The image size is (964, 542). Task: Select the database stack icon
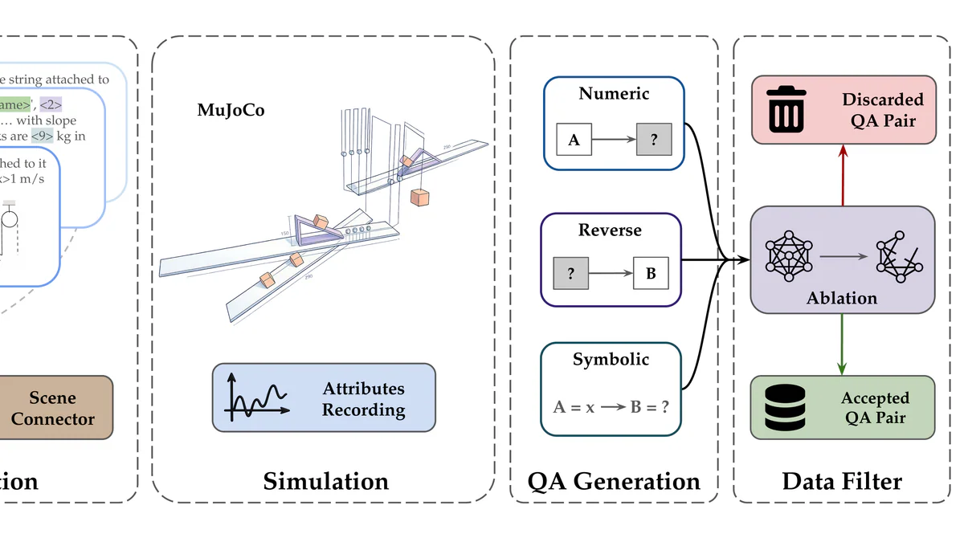[786, 409]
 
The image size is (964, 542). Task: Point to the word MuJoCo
[231, 110]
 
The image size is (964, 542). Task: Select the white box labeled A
[574, 140]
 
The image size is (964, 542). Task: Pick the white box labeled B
[651, 274]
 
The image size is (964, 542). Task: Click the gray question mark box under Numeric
[654, 140]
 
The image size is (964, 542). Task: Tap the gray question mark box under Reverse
[570, 274]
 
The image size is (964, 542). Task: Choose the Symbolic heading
[611, 360]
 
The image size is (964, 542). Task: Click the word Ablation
[842, 298]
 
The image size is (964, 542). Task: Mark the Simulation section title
[325, 481]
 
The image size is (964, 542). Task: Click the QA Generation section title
[614, 481]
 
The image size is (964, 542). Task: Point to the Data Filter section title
[842, 481]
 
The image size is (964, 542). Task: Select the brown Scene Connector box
[53, 408]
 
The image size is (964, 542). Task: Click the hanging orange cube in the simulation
[420, 197]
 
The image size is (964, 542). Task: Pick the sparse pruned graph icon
[898, 255]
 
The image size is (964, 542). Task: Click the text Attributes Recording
[363, 399]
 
